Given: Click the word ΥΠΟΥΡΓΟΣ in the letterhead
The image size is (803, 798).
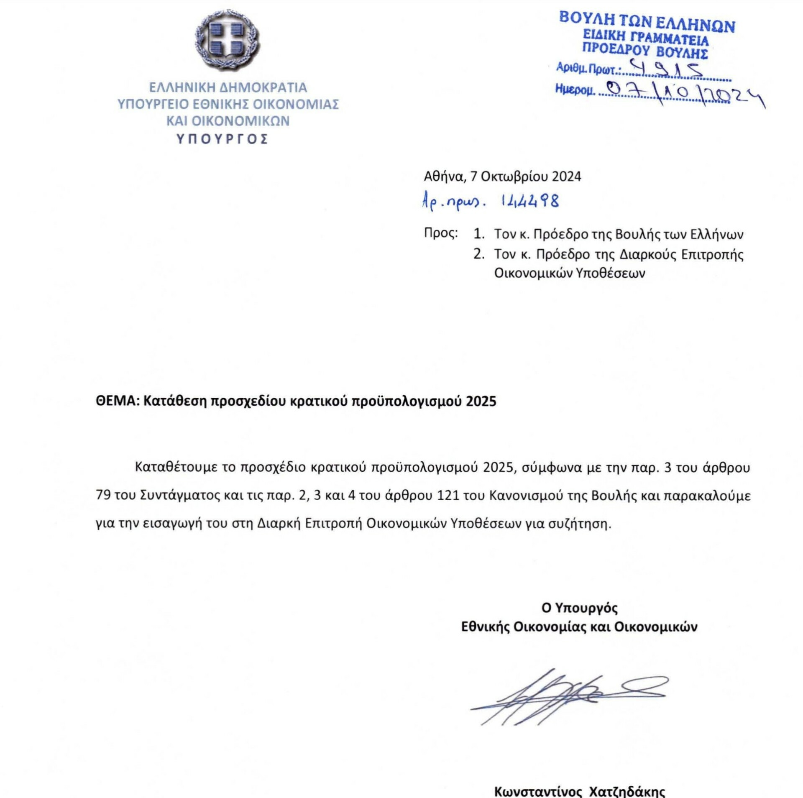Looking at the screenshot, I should [222, 139].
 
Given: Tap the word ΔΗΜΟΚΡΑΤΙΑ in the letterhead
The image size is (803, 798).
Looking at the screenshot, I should [263, 87].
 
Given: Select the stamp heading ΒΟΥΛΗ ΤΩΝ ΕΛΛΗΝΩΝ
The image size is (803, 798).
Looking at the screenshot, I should [647, 23].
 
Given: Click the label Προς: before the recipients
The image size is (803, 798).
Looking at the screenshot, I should [441, 233].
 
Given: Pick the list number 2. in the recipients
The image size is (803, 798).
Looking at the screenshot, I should [479, 254].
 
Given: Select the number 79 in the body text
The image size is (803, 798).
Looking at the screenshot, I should [103, 495].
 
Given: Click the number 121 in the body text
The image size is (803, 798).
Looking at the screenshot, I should [448, 495].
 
